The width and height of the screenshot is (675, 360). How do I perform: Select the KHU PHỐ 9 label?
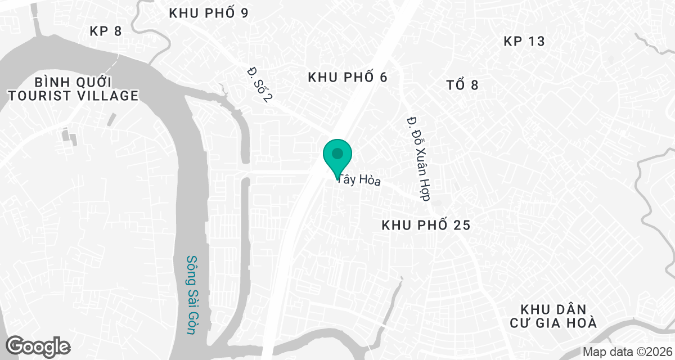209,13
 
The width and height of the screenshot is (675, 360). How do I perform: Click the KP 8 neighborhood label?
106,31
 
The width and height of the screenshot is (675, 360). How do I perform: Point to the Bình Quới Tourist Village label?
73,88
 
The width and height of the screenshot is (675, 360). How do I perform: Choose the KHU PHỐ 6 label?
348,78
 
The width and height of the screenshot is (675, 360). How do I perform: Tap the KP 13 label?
524,41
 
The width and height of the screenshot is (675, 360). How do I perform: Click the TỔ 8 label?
462,85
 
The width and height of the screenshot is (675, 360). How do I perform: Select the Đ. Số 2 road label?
260,85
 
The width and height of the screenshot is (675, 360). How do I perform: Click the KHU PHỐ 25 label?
426,226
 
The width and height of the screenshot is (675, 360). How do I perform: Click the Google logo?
38,346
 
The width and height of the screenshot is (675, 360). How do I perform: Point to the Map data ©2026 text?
627,352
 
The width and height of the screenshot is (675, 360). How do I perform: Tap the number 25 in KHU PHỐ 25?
459,226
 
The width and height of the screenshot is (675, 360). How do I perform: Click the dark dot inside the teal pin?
337,153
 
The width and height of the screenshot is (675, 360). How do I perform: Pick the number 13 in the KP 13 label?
537,41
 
